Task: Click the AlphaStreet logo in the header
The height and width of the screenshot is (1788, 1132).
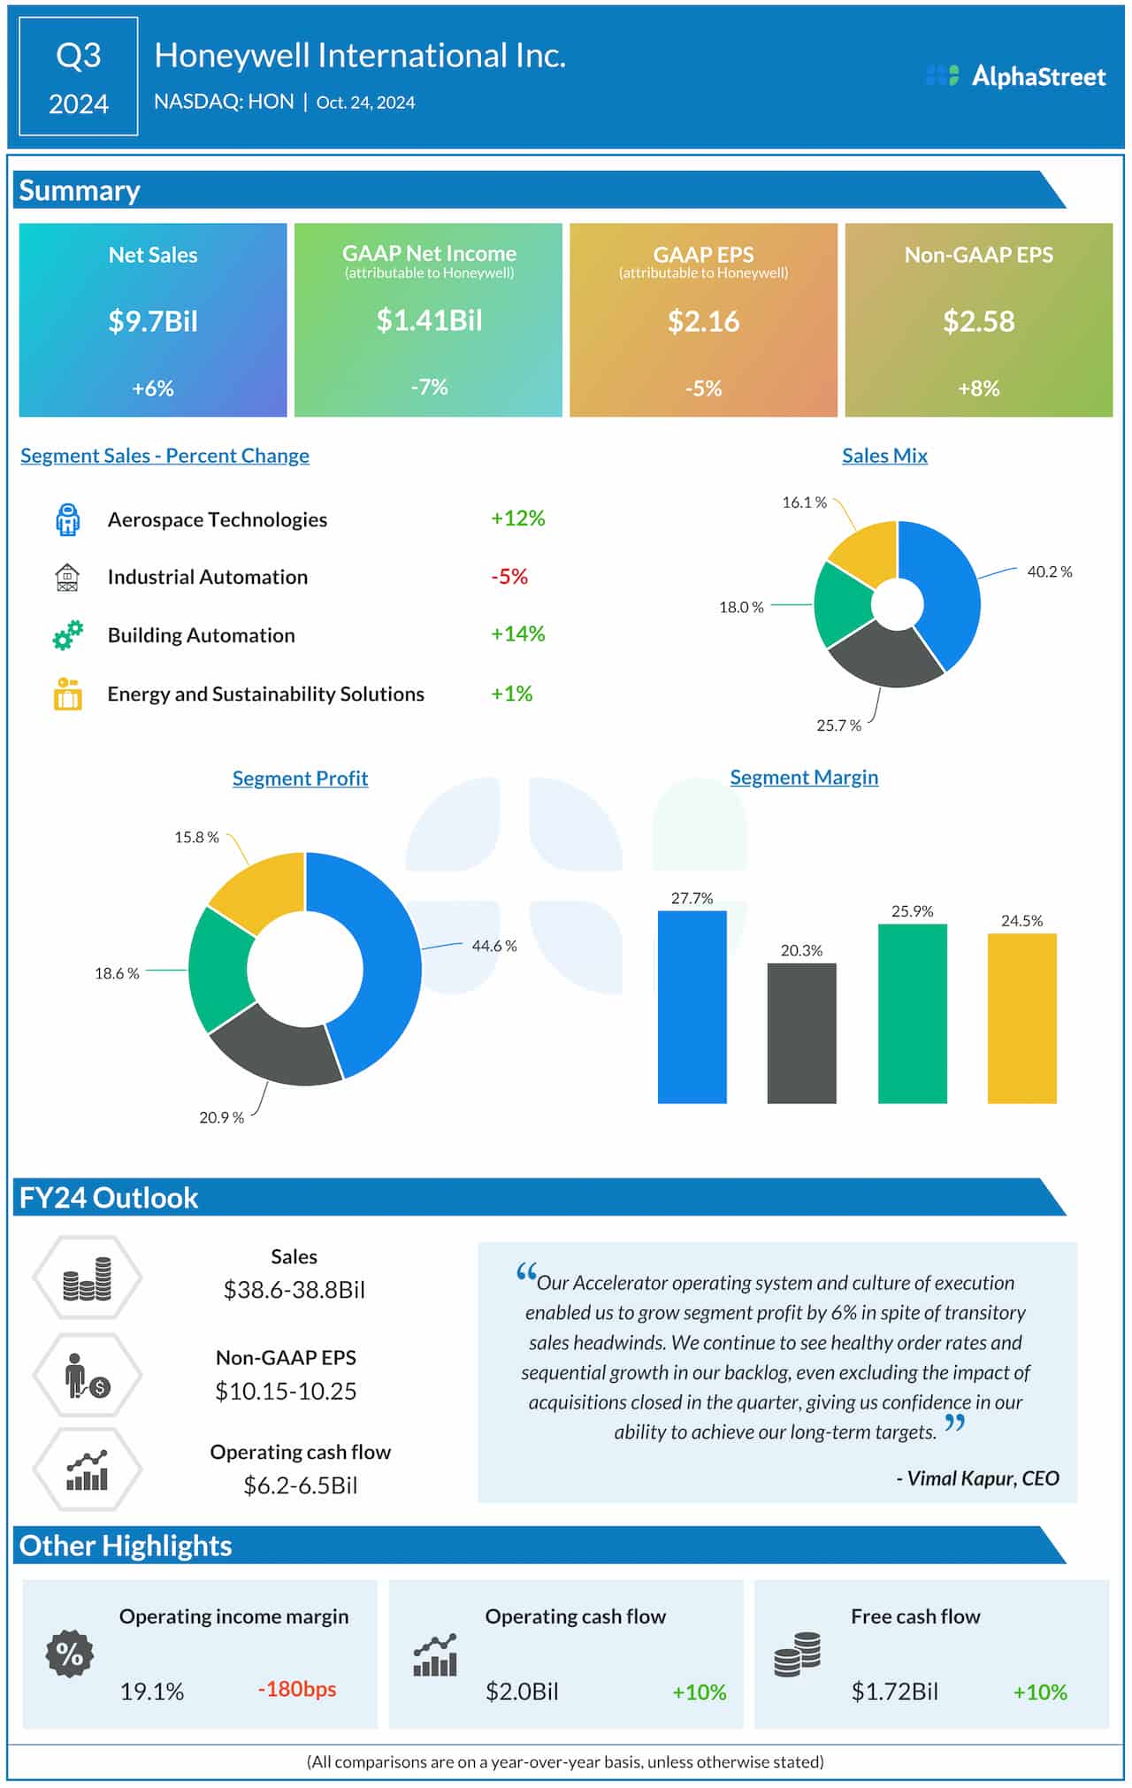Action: tap(1016, 76)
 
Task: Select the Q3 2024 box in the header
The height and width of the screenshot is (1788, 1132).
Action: tap(79, 77)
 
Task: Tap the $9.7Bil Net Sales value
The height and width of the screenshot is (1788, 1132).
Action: tap(153, 320)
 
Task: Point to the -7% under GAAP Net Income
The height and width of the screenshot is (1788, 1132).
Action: tap(429, 387)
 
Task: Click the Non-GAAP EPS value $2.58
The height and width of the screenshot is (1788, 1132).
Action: tap(978, 320)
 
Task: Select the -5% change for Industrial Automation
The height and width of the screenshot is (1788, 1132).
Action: tap(509, 577)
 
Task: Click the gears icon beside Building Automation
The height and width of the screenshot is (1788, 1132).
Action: tap(67, 634)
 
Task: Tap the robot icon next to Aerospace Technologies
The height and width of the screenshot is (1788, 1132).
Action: tap(67, 519)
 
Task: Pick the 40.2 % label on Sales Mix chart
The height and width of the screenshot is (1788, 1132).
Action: tap(1049, 572)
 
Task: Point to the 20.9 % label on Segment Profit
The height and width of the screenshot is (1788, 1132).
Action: tap(221, 1117)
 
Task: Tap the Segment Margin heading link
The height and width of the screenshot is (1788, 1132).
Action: tap(803, 777)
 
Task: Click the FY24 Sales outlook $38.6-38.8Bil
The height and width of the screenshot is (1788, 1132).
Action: tap(294, 1289)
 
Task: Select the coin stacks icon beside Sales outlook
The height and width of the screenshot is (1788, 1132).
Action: tap(87, 1278)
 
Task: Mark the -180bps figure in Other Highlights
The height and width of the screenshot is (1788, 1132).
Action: tap(297, 1689)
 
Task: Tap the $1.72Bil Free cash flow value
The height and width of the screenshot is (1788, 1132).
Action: tap(894, 1692)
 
